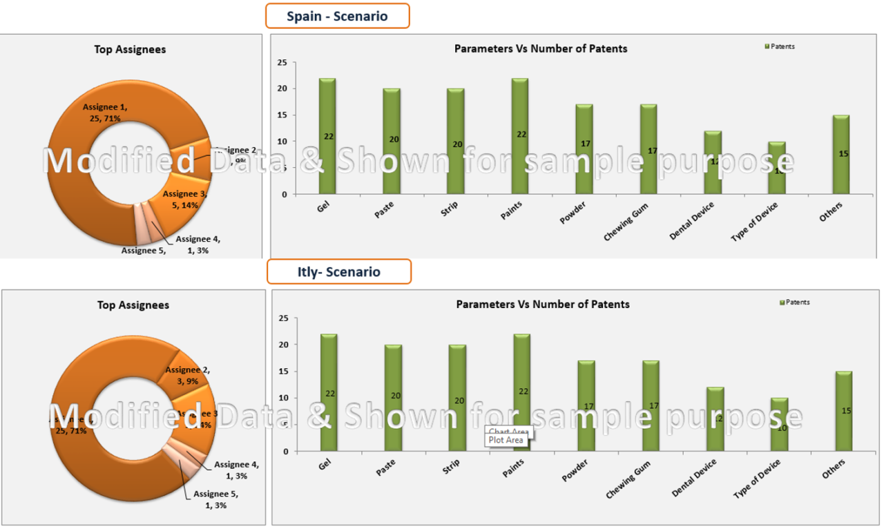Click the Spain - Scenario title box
click(337, 16)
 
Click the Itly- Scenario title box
click(339, 271)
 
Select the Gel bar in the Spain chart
click(327, 136)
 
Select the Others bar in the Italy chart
click(843, 411)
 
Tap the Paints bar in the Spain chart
click(520, 136)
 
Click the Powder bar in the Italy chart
click(586, 405)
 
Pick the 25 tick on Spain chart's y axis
click(282, 63)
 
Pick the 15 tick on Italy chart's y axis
click(283, 372)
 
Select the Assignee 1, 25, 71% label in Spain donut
click(105, 113)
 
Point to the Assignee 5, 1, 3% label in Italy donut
click(215, 499)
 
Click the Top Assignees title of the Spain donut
click(130, 49)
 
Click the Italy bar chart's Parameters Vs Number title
click(543, 304)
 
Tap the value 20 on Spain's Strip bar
click(457, 144)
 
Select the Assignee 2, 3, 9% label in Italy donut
click(188, 375)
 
